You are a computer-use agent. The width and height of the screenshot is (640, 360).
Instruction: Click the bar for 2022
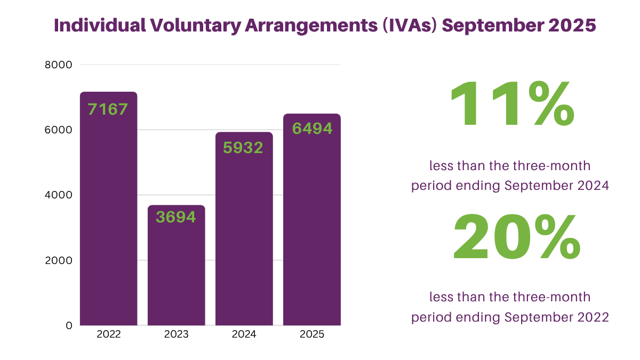point(109,213)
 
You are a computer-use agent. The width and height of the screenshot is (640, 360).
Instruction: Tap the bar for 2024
point(244,235)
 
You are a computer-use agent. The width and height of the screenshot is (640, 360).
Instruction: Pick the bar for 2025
point(311,224)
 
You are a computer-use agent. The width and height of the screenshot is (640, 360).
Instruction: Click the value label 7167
point(108,110)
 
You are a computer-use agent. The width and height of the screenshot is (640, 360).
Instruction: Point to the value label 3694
point(176,217)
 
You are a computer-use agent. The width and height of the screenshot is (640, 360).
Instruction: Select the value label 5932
point(243,148)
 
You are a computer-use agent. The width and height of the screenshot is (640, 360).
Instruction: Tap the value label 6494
point(312,129)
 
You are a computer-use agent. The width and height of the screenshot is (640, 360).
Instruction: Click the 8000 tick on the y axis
point(61,65)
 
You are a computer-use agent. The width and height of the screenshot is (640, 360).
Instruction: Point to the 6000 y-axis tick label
point(61,130)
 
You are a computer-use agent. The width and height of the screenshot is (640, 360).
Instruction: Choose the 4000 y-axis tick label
point(61,195)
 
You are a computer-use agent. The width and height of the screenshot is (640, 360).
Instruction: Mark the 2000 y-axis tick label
point(61,260)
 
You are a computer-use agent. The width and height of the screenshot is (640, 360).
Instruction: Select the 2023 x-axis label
point(176,335)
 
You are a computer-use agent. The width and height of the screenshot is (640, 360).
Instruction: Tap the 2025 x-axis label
point(311,335)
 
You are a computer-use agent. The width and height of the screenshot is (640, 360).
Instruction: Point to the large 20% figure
point(516,238)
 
